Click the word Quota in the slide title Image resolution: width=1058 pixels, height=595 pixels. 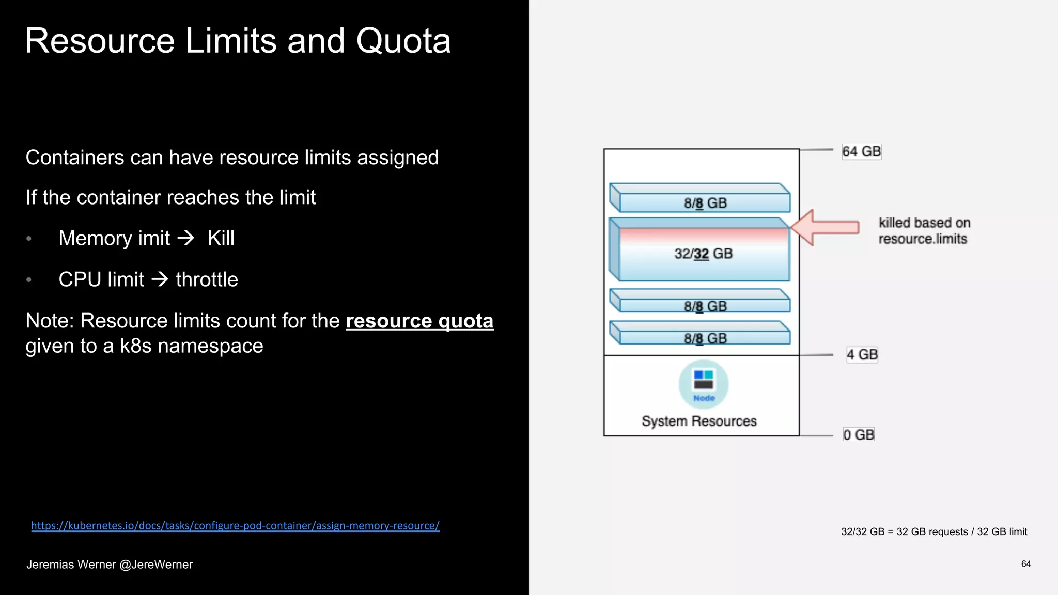click(x=403, y=41)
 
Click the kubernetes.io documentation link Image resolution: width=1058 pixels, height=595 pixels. click(x=235, y=526)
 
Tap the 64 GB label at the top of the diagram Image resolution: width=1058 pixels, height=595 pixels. click(x=861, y=152)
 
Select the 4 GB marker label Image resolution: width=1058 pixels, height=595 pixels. click(x=862, y=355)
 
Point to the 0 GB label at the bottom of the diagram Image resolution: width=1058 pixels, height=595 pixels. click(x=859, y=435)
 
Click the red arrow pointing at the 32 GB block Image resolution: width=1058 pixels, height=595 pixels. click(x=824, y=227)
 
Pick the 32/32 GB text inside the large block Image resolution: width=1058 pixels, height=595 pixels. click(x=703, y=254)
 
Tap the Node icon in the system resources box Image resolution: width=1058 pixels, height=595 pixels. click(x=704, y=384)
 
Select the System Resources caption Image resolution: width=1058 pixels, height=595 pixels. click(x=699, y=421)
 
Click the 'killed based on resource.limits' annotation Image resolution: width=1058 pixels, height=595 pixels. click(x=924, y=231)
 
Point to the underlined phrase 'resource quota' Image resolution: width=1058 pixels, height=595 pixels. click(x=419, y=321)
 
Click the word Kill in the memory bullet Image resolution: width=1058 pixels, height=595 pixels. click(x=221, y=239)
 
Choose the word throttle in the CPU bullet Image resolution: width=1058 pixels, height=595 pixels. click(x=207, y=280)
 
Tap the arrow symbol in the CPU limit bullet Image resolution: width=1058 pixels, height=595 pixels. click(x=160, y=279)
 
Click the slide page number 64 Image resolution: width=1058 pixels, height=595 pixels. click(x=1026, y=564)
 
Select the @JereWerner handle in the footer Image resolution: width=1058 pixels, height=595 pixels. click(x=156, y=565)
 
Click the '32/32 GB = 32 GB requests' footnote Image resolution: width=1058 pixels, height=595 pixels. click(x=933, y=532)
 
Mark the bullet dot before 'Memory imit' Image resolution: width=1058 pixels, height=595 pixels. click(x=29, y=239)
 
